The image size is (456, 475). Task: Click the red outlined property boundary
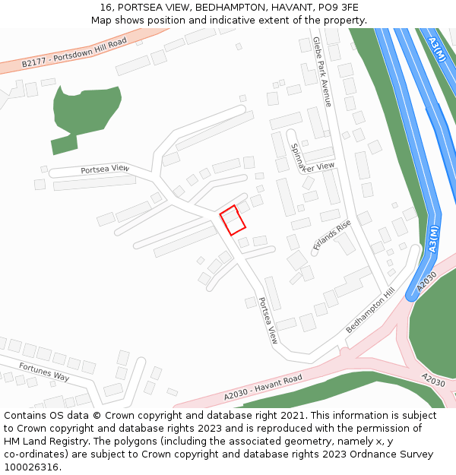pos(233,220)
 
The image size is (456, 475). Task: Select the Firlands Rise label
pos(332,235)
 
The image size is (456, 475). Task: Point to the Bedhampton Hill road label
pos(370,310)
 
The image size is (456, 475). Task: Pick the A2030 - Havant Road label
pos(263,387)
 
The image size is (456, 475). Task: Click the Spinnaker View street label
pos(311,160)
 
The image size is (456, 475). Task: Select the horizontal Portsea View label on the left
pos(105,169)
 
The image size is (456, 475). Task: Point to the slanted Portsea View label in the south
pos(268,320)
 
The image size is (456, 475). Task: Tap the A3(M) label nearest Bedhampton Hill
pos(433,239)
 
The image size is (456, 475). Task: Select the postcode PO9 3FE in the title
pos(340,8)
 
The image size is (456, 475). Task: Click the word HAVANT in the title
pos(284,8)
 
